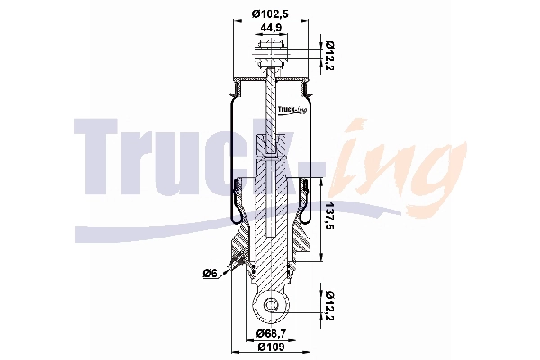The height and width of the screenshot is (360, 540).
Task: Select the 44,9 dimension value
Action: (270, 28)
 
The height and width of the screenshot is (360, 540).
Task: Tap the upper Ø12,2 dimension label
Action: (330, 56)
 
